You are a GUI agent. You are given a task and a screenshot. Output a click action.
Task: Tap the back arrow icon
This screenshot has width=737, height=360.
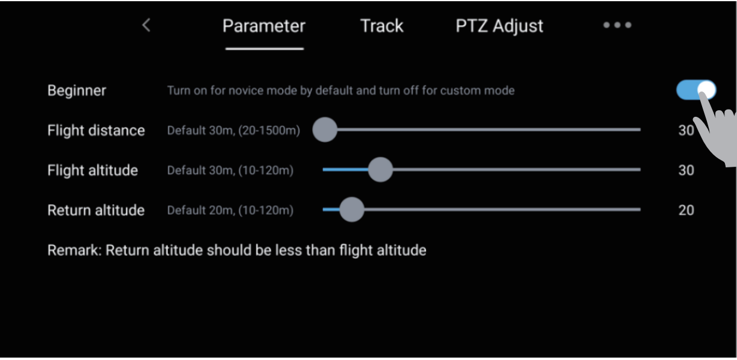146,25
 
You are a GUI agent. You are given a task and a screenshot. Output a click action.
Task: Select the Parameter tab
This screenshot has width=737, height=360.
264,26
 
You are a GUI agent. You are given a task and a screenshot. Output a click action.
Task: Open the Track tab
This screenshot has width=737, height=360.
381,26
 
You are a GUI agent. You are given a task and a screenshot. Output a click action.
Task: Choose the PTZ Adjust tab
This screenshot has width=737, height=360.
499,26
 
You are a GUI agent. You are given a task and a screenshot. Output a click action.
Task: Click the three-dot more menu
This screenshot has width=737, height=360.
617,25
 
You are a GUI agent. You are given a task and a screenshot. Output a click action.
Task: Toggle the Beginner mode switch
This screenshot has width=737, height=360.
696,90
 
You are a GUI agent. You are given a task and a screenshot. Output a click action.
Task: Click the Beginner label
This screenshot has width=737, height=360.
76,90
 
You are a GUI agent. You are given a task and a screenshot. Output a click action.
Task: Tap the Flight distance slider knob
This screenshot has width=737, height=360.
325,130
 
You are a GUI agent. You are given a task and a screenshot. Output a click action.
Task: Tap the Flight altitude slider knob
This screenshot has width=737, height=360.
380,170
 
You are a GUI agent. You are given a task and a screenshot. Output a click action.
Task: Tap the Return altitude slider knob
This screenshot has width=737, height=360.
352,209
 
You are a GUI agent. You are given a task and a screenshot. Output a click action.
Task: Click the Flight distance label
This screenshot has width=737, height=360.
96,131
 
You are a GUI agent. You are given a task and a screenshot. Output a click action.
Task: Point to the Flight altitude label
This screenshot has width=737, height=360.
93,170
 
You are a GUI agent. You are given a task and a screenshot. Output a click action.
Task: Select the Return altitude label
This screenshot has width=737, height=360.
96,210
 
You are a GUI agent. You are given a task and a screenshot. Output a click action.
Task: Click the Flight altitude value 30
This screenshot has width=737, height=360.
686,170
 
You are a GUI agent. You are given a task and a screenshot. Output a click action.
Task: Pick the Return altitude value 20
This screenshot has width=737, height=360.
686,210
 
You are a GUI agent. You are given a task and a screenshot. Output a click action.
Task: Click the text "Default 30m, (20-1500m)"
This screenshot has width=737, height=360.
233,131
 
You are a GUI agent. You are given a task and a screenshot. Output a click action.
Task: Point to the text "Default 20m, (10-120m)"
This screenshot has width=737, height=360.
230,210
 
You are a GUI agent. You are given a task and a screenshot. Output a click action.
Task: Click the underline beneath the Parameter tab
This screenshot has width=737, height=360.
265,49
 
